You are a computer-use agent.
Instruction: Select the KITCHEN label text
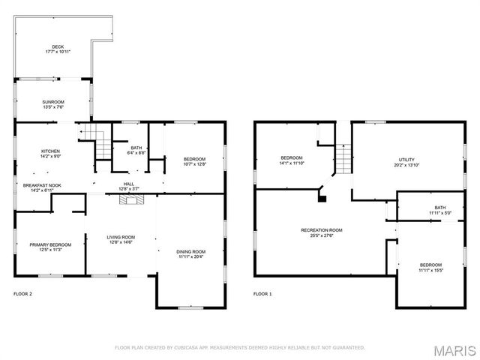click(x=51, y=151)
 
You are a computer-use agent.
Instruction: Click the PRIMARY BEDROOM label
click(x=51, y=244)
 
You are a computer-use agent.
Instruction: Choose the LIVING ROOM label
click(x=120, y=237)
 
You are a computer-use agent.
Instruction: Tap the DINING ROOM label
click(x=191, y=251)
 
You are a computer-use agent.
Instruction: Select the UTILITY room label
click(x=406, y=160)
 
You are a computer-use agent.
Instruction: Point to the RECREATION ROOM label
click(x=322, y=229)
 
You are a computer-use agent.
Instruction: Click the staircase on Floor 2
click(x=90, y=134)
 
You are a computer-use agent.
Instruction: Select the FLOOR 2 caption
click(x=23, y=294)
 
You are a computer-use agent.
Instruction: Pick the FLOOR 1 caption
click(x=262, y=294)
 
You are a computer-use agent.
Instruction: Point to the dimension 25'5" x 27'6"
click(x=322, y=235)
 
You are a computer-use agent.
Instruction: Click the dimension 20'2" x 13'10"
click(x=406, y=165)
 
